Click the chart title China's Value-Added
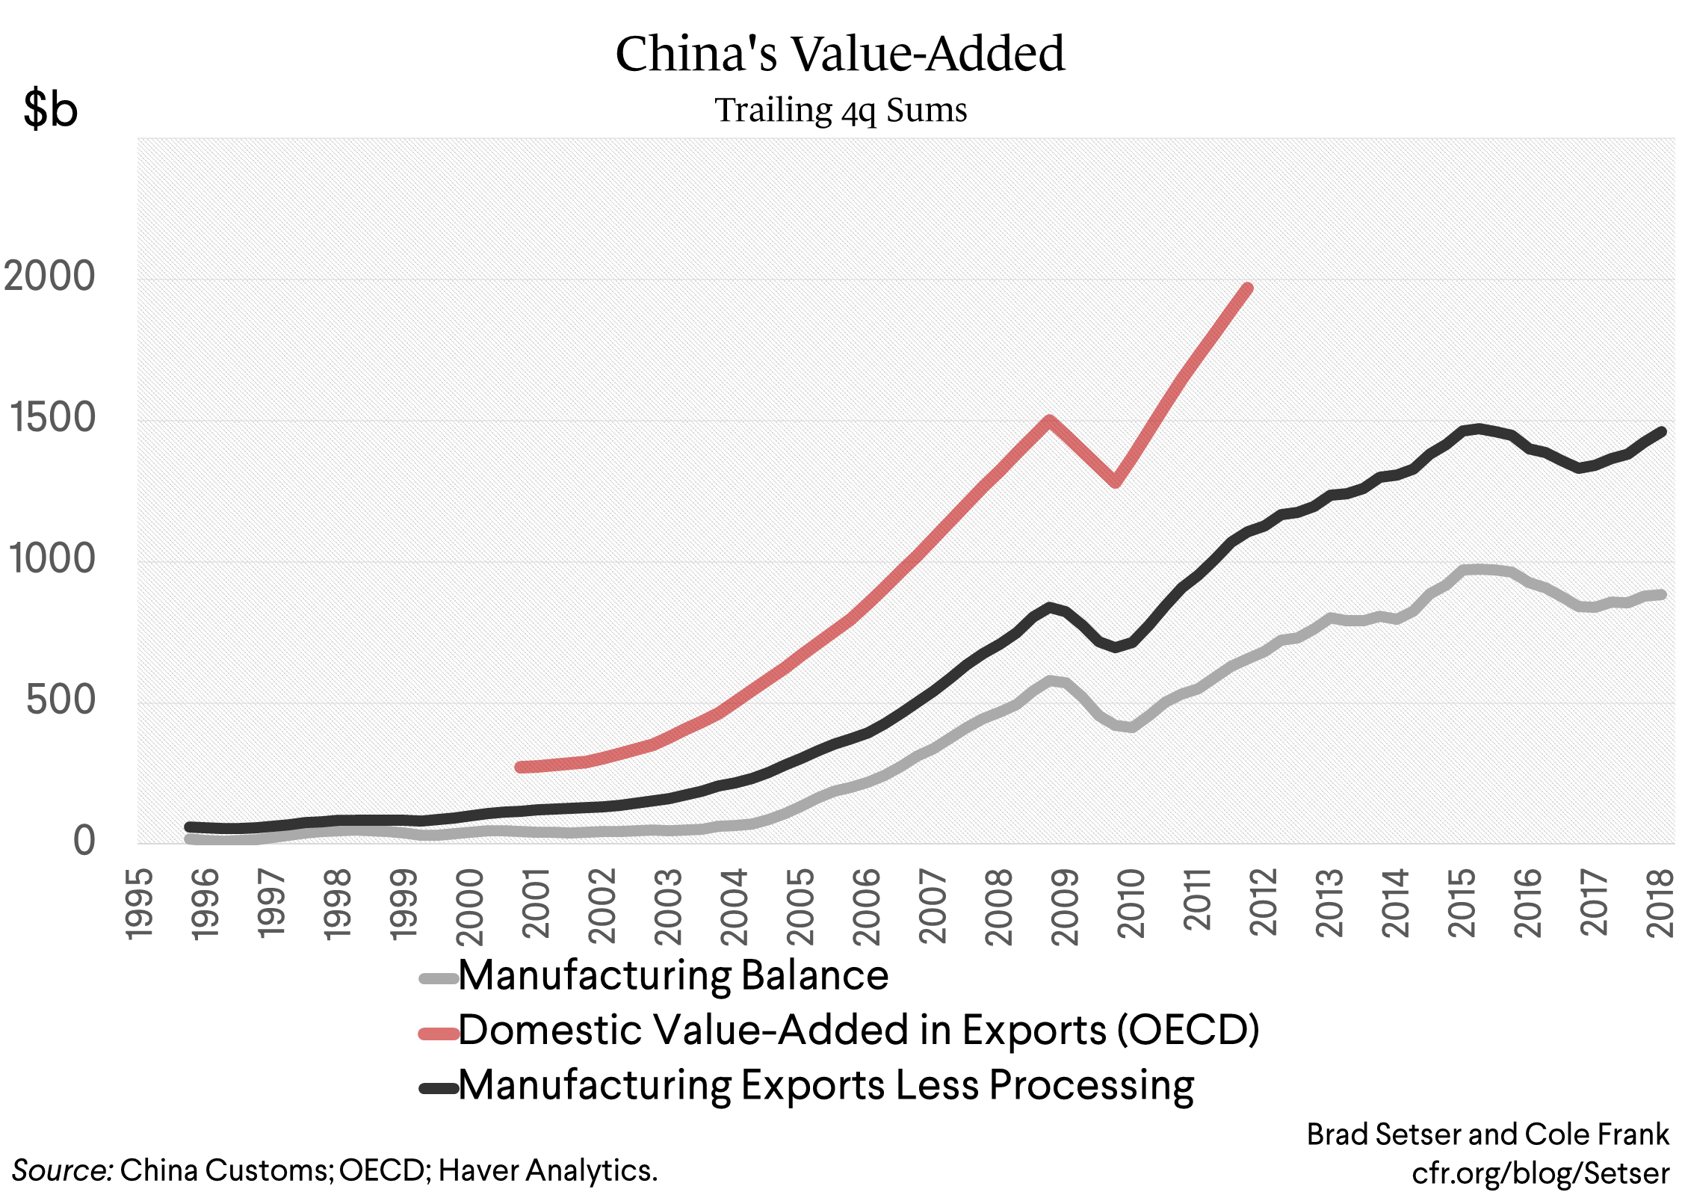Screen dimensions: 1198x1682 pyautogui.click(x=840, y=54)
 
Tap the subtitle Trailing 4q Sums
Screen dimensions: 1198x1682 pyautogui.click(x=841, y=111)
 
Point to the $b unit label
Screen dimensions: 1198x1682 pyautogui.click(x=50, y=109)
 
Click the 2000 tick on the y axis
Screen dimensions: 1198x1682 pyautogui.click(x=49, y=277)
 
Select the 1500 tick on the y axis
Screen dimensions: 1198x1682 pyautogui.click(x=52, y=418)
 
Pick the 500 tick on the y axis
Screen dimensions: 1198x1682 pyautogui.click(x=61, y=700)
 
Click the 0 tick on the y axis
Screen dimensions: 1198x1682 pyautogui.click(x=84, y=841)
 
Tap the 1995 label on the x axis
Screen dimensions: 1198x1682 pyautogui.click(x=139, y=903)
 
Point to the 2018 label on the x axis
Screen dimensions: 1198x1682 pyautogui.click(x=1660, y=903)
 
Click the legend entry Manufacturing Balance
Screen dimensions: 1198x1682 pyautogui.click(x=673, y=976)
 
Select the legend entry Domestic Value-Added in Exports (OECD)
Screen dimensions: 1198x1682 pyautogui.click(x=858, y=1031)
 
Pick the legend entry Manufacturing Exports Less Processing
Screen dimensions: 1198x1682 pyautogui.click(x=826, y=1086)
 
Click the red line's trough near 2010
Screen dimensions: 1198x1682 pyautogui.click(x=1116, y=482)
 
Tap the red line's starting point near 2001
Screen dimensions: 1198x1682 pyautogui.click(x=521, y=767)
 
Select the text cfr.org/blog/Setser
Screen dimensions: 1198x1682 pyautogui.click(x=1540, y=1173)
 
